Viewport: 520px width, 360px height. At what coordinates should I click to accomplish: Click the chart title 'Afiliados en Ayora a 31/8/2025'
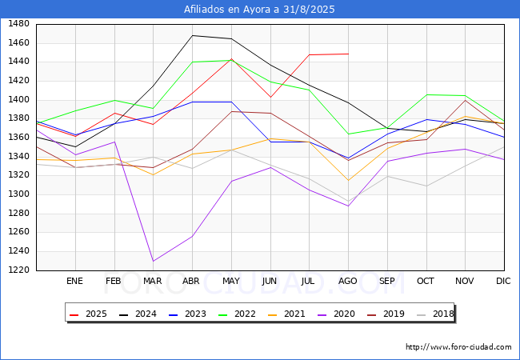tap(259, 10)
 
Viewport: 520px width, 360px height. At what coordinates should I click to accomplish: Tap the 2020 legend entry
tap(338, 314)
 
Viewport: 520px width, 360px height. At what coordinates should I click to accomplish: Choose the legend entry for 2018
tap(435, 314)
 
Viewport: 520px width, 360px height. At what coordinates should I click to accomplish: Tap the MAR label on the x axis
tap(153, 281)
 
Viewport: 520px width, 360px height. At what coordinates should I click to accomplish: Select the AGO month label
tap(348, 281)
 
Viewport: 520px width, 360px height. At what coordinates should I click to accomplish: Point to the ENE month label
tap(74, 281)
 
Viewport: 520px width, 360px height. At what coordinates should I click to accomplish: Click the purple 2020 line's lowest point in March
tap(153, 261)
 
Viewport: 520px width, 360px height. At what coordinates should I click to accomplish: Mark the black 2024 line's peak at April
tap(192, 35)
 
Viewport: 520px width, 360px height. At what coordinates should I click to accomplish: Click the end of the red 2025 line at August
tap(348, 54)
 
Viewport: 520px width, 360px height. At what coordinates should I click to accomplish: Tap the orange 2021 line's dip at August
tap(348, 180)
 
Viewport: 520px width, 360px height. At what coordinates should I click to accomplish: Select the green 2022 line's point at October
tap(426, 94)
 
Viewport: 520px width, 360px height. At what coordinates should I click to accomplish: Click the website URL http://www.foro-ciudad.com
tap(458, 347)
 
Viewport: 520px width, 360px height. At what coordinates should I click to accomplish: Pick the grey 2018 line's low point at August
tap(348, 202)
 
